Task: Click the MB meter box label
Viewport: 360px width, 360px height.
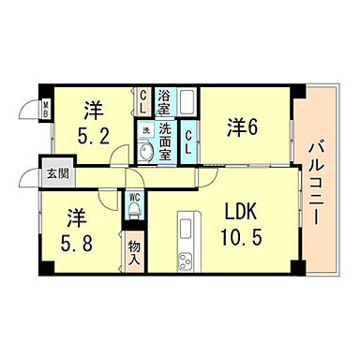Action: (46, 109)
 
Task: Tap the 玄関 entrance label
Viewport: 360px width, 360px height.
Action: (58, 173)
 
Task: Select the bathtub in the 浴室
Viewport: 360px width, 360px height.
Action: (187, 101)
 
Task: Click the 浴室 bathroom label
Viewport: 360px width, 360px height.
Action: (163, 102)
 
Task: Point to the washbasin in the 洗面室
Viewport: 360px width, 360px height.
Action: (145, 153)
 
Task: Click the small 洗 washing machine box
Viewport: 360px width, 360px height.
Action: (146, 130)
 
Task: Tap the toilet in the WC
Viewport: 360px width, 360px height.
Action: (134, 209)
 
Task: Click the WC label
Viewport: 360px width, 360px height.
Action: (134, 197)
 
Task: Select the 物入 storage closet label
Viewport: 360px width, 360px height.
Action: (135, 253)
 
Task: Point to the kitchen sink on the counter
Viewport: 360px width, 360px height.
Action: (187, 226)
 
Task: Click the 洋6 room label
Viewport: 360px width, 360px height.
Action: (243, 127)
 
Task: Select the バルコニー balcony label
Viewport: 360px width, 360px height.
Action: (316, 184)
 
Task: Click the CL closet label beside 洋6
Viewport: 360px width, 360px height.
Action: (187, 142)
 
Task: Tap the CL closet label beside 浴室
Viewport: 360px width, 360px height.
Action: (143, 101)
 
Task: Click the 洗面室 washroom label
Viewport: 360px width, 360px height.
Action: (165, 142)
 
